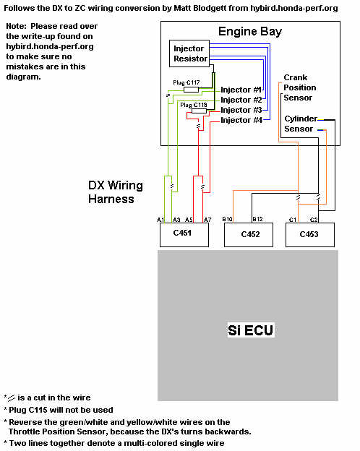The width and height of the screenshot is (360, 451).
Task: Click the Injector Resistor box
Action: (x=189, y=53)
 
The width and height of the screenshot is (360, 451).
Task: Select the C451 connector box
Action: (x=184, y=235)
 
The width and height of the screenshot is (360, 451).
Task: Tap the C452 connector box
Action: (x=249, y=235)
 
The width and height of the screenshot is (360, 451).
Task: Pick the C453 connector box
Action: (x=310, y=235)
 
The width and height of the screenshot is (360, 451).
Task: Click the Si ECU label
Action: (x=250, y=330)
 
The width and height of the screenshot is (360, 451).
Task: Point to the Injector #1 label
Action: (x=241, y=90)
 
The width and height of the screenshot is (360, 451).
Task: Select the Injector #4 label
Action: (x=241, y=120)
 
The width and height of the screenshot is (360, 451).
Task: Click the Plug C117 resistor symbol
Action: (x=191, y=90)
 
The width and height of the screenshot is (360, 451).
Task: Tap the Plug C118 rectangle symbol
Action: (x=199, y=111)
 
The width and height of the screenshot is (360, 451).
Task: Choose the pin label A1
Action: (x=160, y=220)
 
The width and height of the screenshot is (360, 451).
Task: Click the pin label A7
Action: (x=207, y=220)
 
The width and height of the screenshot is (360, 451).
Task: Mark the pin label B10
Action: (x=227, y=219)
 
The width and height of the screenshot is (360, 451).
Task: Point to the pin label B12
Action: (x=257, y=219)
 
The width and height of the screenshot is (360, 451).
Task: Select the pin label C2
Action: (x=314, y=220)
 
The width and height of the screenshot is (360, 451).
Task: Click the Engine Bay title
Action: (x=250, y=32)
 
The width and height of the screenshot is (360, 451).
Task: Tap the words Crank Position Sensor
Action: (x=299, y=87)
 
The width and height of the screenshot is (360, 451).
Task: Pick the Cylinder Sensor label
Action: (x=301, y=124)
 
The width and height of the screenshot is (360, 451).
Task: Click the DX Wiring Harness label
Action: (x=116, y=192)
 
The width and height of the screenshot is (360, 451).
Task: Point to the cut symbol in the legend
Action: (x=12, y=398)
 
